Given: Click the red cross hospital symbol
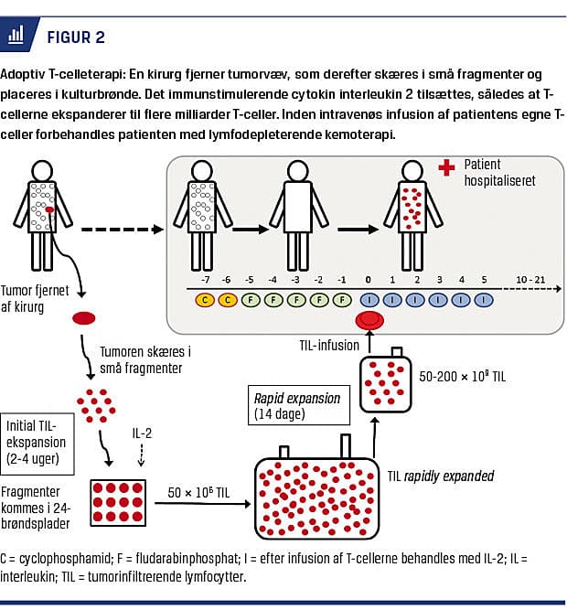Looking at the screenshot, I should [x=446, y=169].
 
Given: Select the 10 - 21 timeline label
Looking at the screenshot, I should [x=531, y=279].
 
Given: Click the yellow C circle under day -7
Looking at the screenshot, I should [x=205, y=298].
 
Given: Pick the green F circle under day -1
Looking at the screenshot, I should [x=342, y=298].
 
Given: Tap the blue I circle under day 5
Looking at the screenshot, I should [x=482, y=298].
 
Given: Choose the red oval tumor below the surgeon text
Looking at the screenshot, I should [x=85, y=318].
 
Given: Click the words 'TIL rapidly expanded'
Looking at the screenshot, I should [x=441, y=476].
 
